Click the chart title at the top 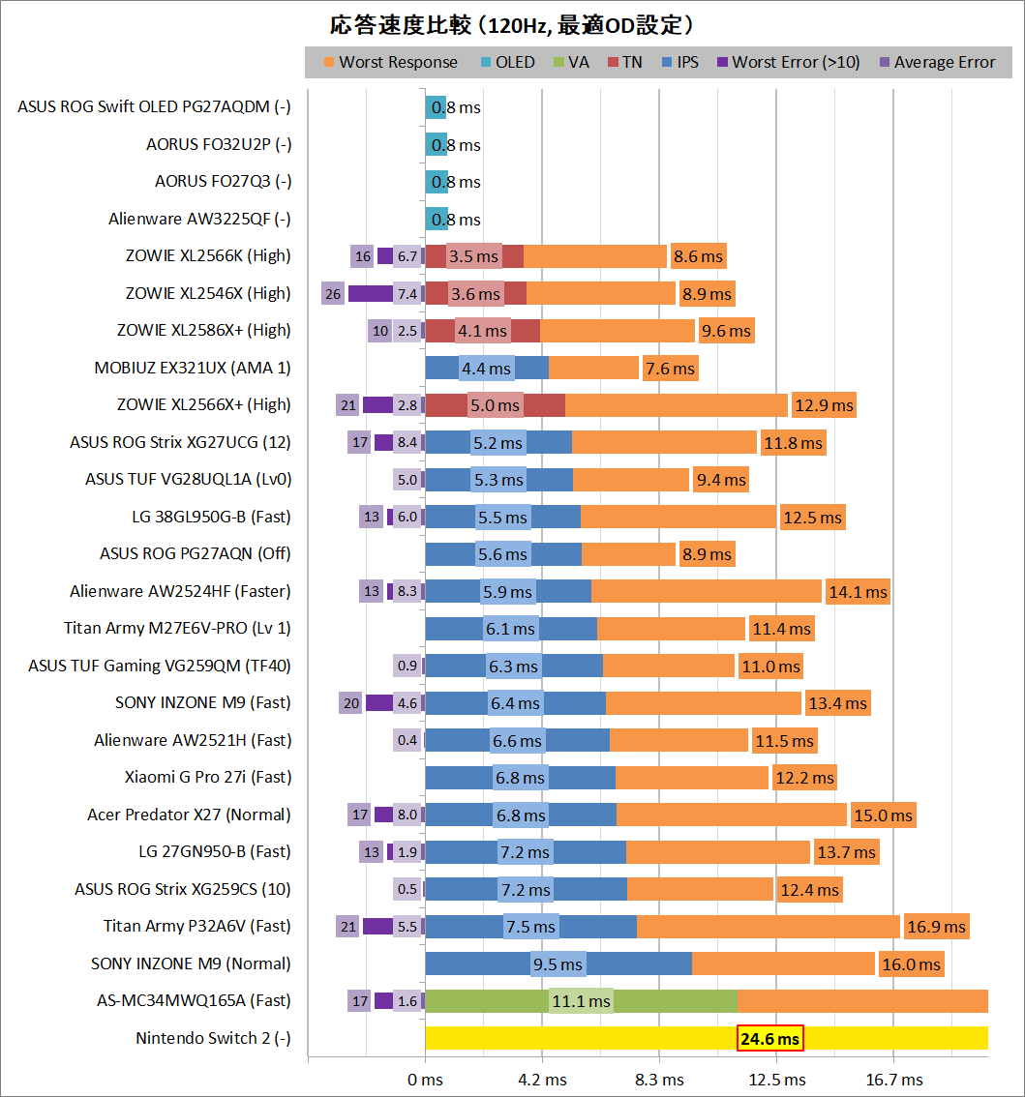(512, 24)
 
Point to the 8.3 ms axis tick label (660, 1079)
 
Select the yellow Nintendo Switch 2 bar (581, 1038)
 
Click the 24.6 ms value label (770, 1039)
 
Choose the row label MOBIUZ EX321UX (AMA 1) (193, 368)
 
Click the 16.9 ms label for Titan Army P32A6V (936, 927)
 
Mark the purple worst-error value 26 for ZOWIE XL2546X (333, 293)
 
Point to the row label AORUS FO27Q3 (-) (223, 182)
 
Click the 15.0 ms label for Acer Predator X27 (883, 815)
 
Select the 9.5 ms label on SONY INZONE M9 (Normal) (558, 964)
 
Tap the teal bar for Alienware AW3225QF (437, 219)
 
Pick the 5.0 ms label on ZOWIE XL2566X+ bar (496, 405)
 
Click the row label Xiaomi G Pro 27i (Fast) (208, 778)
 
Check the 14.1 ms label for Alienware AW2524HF (857, 592)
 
